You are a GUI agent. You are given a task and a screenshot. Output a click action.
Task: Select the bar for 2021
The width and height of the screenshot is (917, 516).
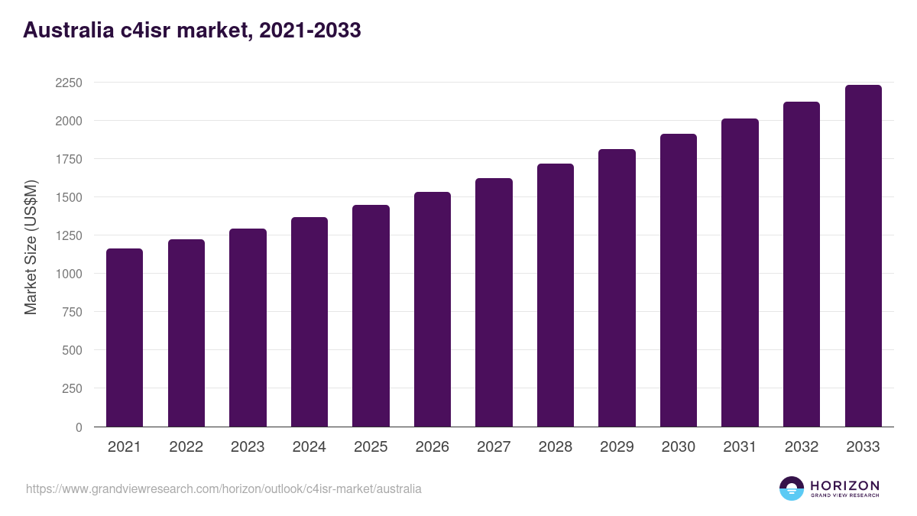pyautogui.click(x=125, y=337)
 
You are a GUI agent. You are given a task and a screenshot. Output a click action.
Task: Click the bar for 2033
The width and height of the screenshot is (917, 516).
pyautogui.click(x=863, y=255)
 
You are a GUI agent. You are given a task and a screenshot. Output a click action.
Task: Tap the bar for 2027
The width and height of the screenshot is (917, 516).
pyautogui.click(x=494, y=302)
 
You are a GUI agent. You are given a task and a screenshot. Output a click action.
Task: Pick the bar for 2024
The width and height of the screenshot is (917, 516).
pyautogui.click(x=309, y=322)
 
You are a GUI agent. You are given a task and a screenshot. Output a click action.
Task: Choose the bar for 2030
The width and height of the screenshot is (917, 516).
pyautogui.click(x=679, y=280)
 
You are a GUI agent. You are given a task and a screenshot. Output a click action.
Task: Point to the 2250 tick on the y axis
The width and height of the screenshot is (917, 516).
pyautogui.click(x=69, y=83)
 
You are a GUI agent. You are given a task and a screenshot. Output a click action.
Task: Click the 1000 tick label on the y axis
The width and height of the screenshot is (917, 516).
pyautogui.click(x=69, y=274)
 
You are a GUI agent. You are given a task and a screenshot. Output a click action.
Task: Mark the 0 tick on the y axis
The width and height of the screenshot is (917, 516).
pyautogui.click(x=79, y=427)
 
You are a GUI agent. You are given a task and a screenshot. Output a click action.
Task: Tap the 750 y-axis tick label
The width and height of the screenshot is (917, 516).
pyautogui.click(x=72, y=312)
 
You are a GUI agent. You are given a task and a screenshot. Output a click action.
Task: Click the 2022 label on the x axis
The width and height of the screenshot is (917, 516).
pyautogui.click(x=186, y=447)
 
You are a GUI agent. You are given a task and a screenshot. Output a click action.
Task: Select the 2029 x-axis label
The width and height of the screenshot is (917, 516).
pyautogui.click(x=617, y=447)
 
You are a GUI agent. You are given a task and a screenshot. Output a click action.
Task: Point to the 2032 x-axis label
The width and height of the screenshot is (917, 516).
pyautogui.click(x=802, y=447)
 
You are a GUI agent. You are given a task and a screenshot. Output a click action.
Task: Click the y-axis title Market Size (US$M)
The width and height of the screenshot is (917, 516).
pyautogui.click(x=31, y=246)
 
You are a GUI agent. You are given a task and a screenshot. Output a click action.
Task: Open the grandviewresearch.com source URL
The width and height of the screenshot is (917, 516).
pyautogui.click(x=223, y=488)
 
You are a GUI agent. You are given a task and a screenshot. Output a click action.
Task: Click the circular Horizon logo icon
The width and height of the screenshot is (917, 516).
pyautogui.click(x=792, y=488)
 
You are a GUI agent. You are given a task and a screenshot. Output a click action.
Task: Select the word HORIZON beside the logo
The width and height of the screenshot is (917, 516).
pyautogui.click(x=844, y=485)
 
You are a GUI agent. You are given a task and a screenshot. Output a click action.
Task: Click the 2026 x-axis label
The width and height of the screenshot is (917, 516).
pyautogui.click(x=432, y=447)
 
